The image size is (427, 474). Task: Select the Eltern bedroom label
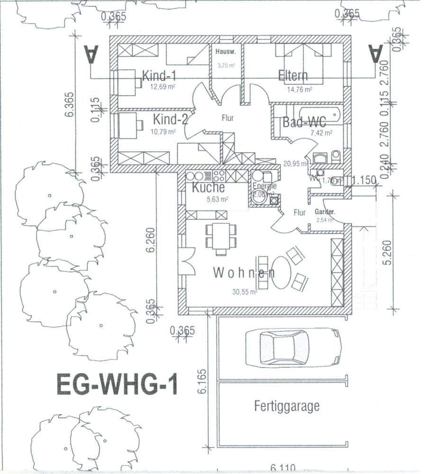(293, 76)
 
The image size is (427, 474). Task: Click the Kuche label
(208, 187)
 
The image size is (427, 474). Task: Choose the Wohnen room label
(244, 273)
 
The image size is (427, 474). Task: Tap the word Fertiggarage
(286, 406)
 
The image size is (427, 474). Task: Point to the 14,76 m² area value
(299, 89)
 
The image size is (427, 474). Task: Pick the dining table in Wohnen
(221, 236)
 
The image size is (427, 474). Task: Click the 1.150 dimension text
(363, 180)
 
